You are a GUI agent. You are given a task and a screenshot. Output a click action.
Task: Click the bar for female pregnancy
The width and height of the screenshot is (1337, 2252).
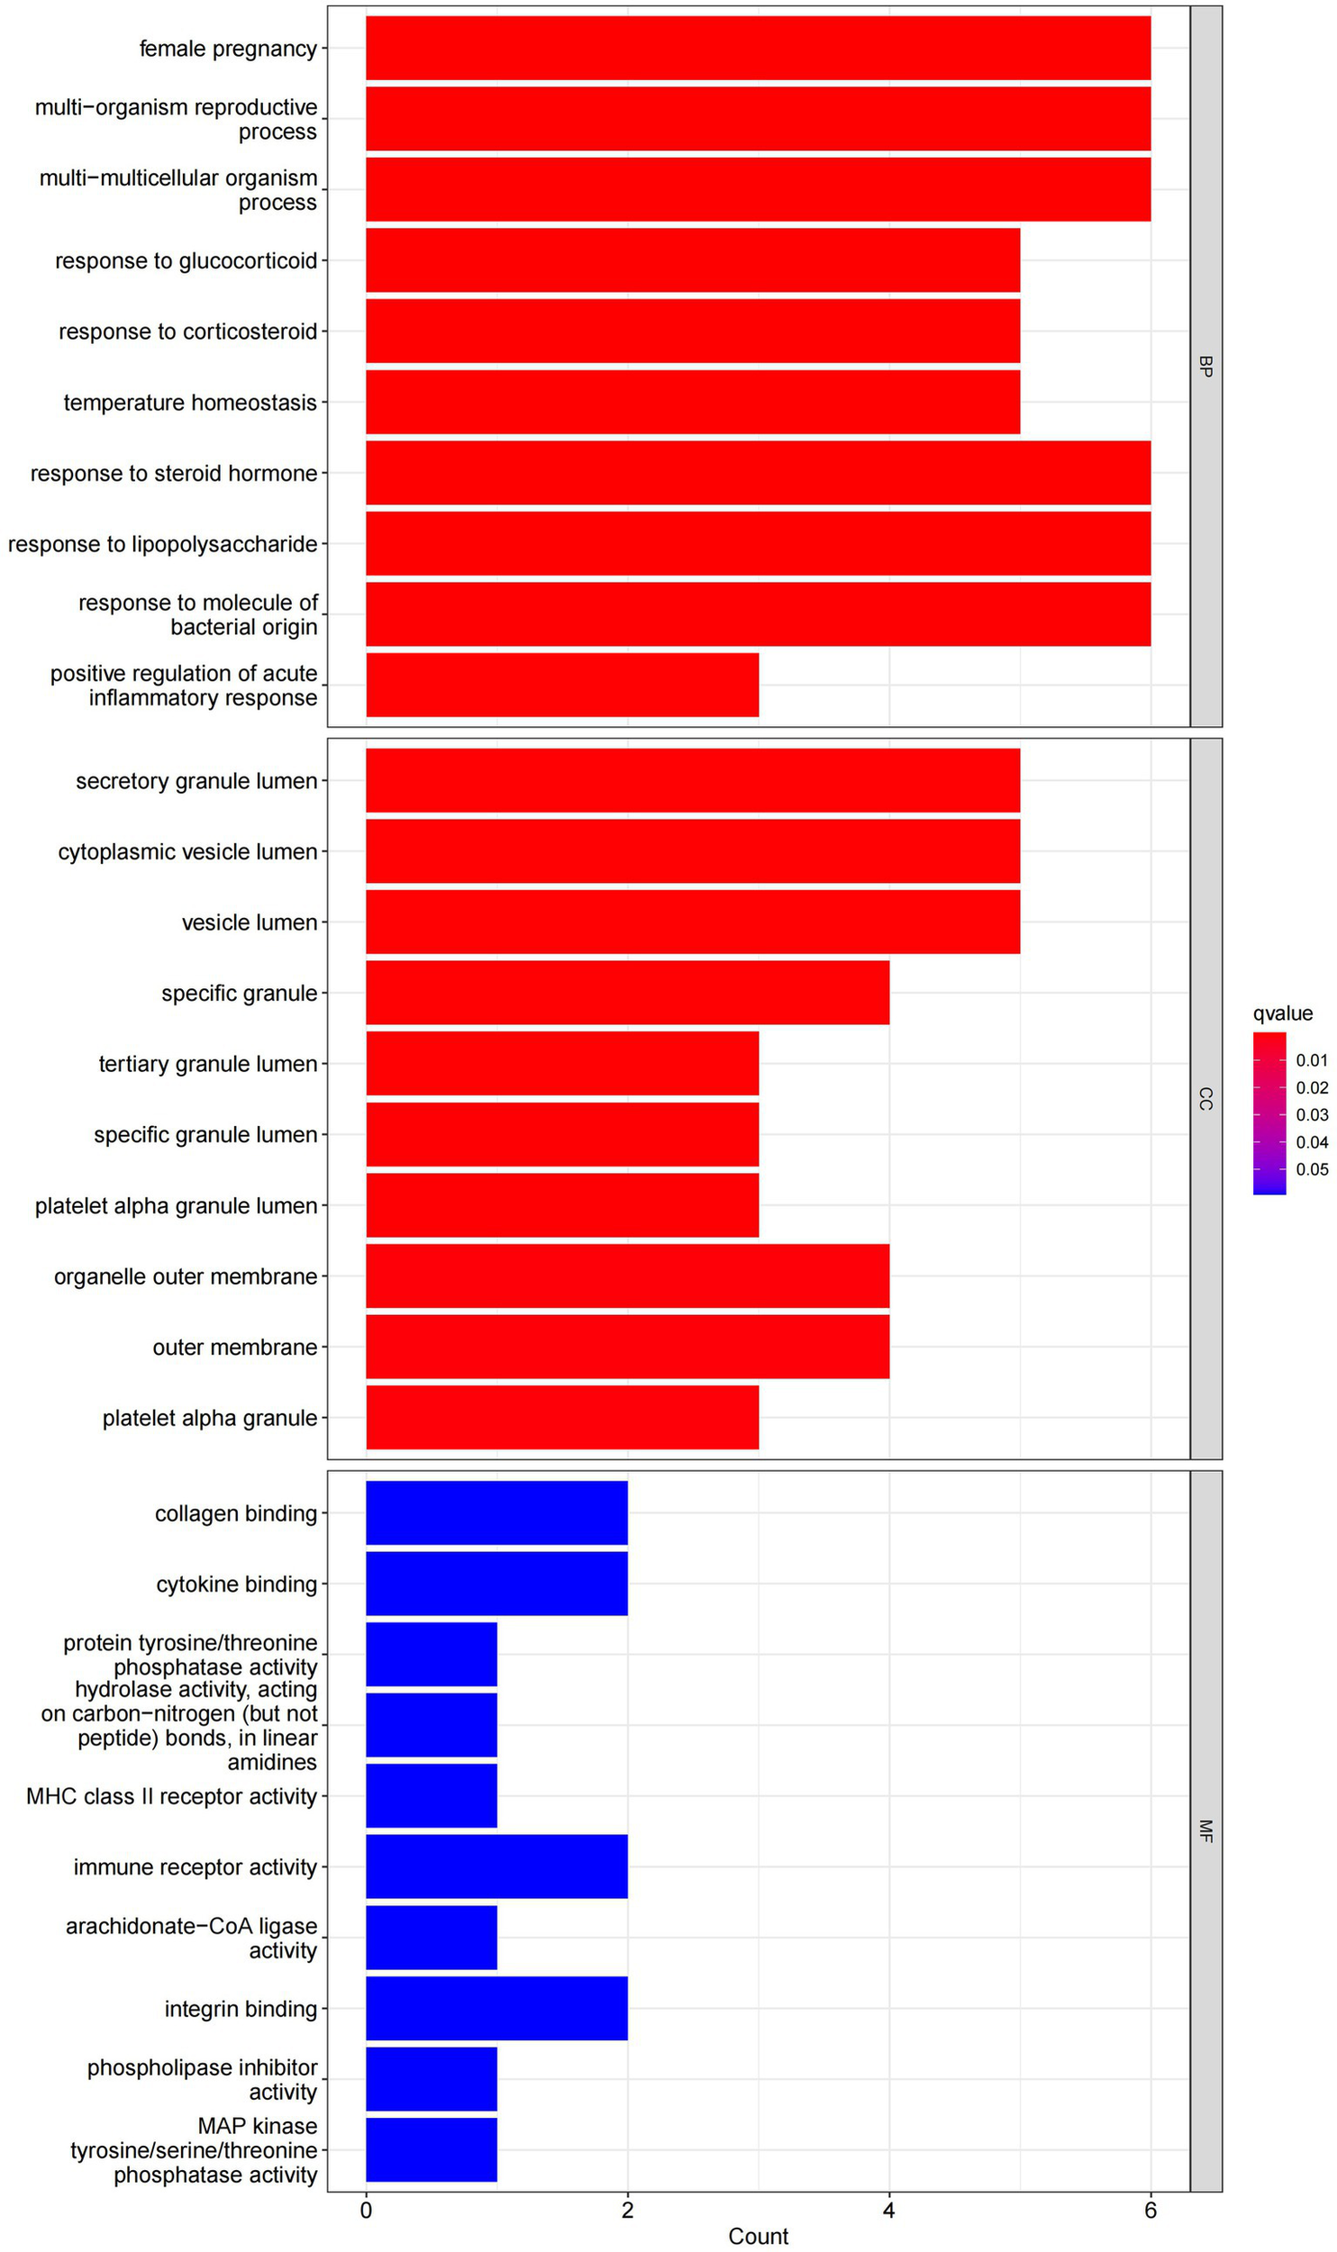pos(757,48)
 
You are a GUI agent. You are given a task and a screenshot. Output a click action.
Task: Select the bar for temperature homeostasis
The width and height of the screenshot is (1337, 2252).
pos(692,402)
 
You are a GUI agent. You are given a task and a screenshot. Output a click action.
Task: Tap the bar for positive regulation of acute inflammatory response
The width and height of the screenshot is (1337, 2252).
pos(561,685)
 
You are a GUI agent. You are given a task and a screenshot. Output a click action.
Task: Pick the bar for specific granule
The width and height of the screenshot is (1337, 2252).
pos(627,993)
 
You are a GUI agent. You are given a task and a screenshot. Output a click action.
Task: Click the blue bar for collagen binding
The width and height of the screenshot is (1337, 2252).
pos(496,1512)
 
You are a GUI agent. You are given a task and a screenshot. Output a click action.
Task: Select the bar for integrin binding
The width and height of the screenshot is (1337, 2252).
pos(496,2008)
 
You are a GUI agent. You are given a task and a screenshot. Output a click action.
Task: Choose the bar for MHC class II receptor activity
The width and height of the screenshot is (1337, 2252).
pos(431,1795)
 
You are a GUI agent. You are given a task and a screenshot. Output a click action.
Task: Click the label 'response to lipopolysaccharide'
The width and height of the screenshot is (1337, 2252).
pos(163,544)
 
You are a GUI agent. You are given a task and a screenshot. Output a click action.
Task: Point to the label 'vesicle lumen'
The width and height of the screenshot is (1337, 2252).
pos(250,922)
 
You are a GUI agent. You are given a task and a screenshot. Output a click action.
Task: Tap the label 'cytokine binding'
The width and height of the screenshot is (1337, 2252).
pos(236,1584)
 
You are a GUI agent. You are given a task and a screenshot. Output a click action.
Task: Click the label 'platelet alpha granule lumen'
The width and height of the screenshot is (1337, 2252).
pos(176,1205)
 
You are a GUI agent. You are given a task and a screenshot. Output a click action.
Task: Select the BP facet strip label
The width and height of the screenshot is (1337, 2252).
pos(1205,366)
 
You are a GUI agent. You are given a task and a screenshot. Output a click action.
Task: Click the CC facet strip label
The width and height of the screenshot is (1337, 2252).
pos(1205,1098)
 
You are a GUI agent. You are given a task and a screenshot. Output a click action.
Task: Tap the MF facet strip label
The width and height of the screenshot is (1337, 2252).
pos(1205,1830)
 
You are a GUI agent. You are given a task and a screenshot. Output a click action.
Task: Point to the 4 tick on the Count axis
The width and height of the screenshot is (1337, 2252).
pos(889,2211)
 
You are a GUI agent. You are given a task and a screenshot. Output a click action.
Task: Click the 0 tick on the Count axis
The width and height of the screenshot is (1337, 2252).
pos(366,2211)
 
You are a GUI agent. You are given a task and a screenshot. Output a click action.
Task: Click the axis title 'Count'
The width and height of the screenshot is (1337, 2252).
pos(758,2237)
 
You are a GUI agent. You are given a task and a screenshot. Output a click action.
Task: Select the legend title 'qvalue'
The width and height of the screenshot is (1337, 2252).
pos(1282,1013)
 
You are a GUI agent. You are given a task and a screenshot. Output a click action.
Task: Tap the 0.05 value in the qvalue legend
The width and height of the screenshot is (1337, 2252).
pos(1312,1169)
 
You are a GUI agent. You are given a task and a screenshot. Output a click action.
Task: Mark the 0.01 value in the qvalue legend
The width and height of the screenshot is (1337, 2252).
pos(1312,1060)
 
